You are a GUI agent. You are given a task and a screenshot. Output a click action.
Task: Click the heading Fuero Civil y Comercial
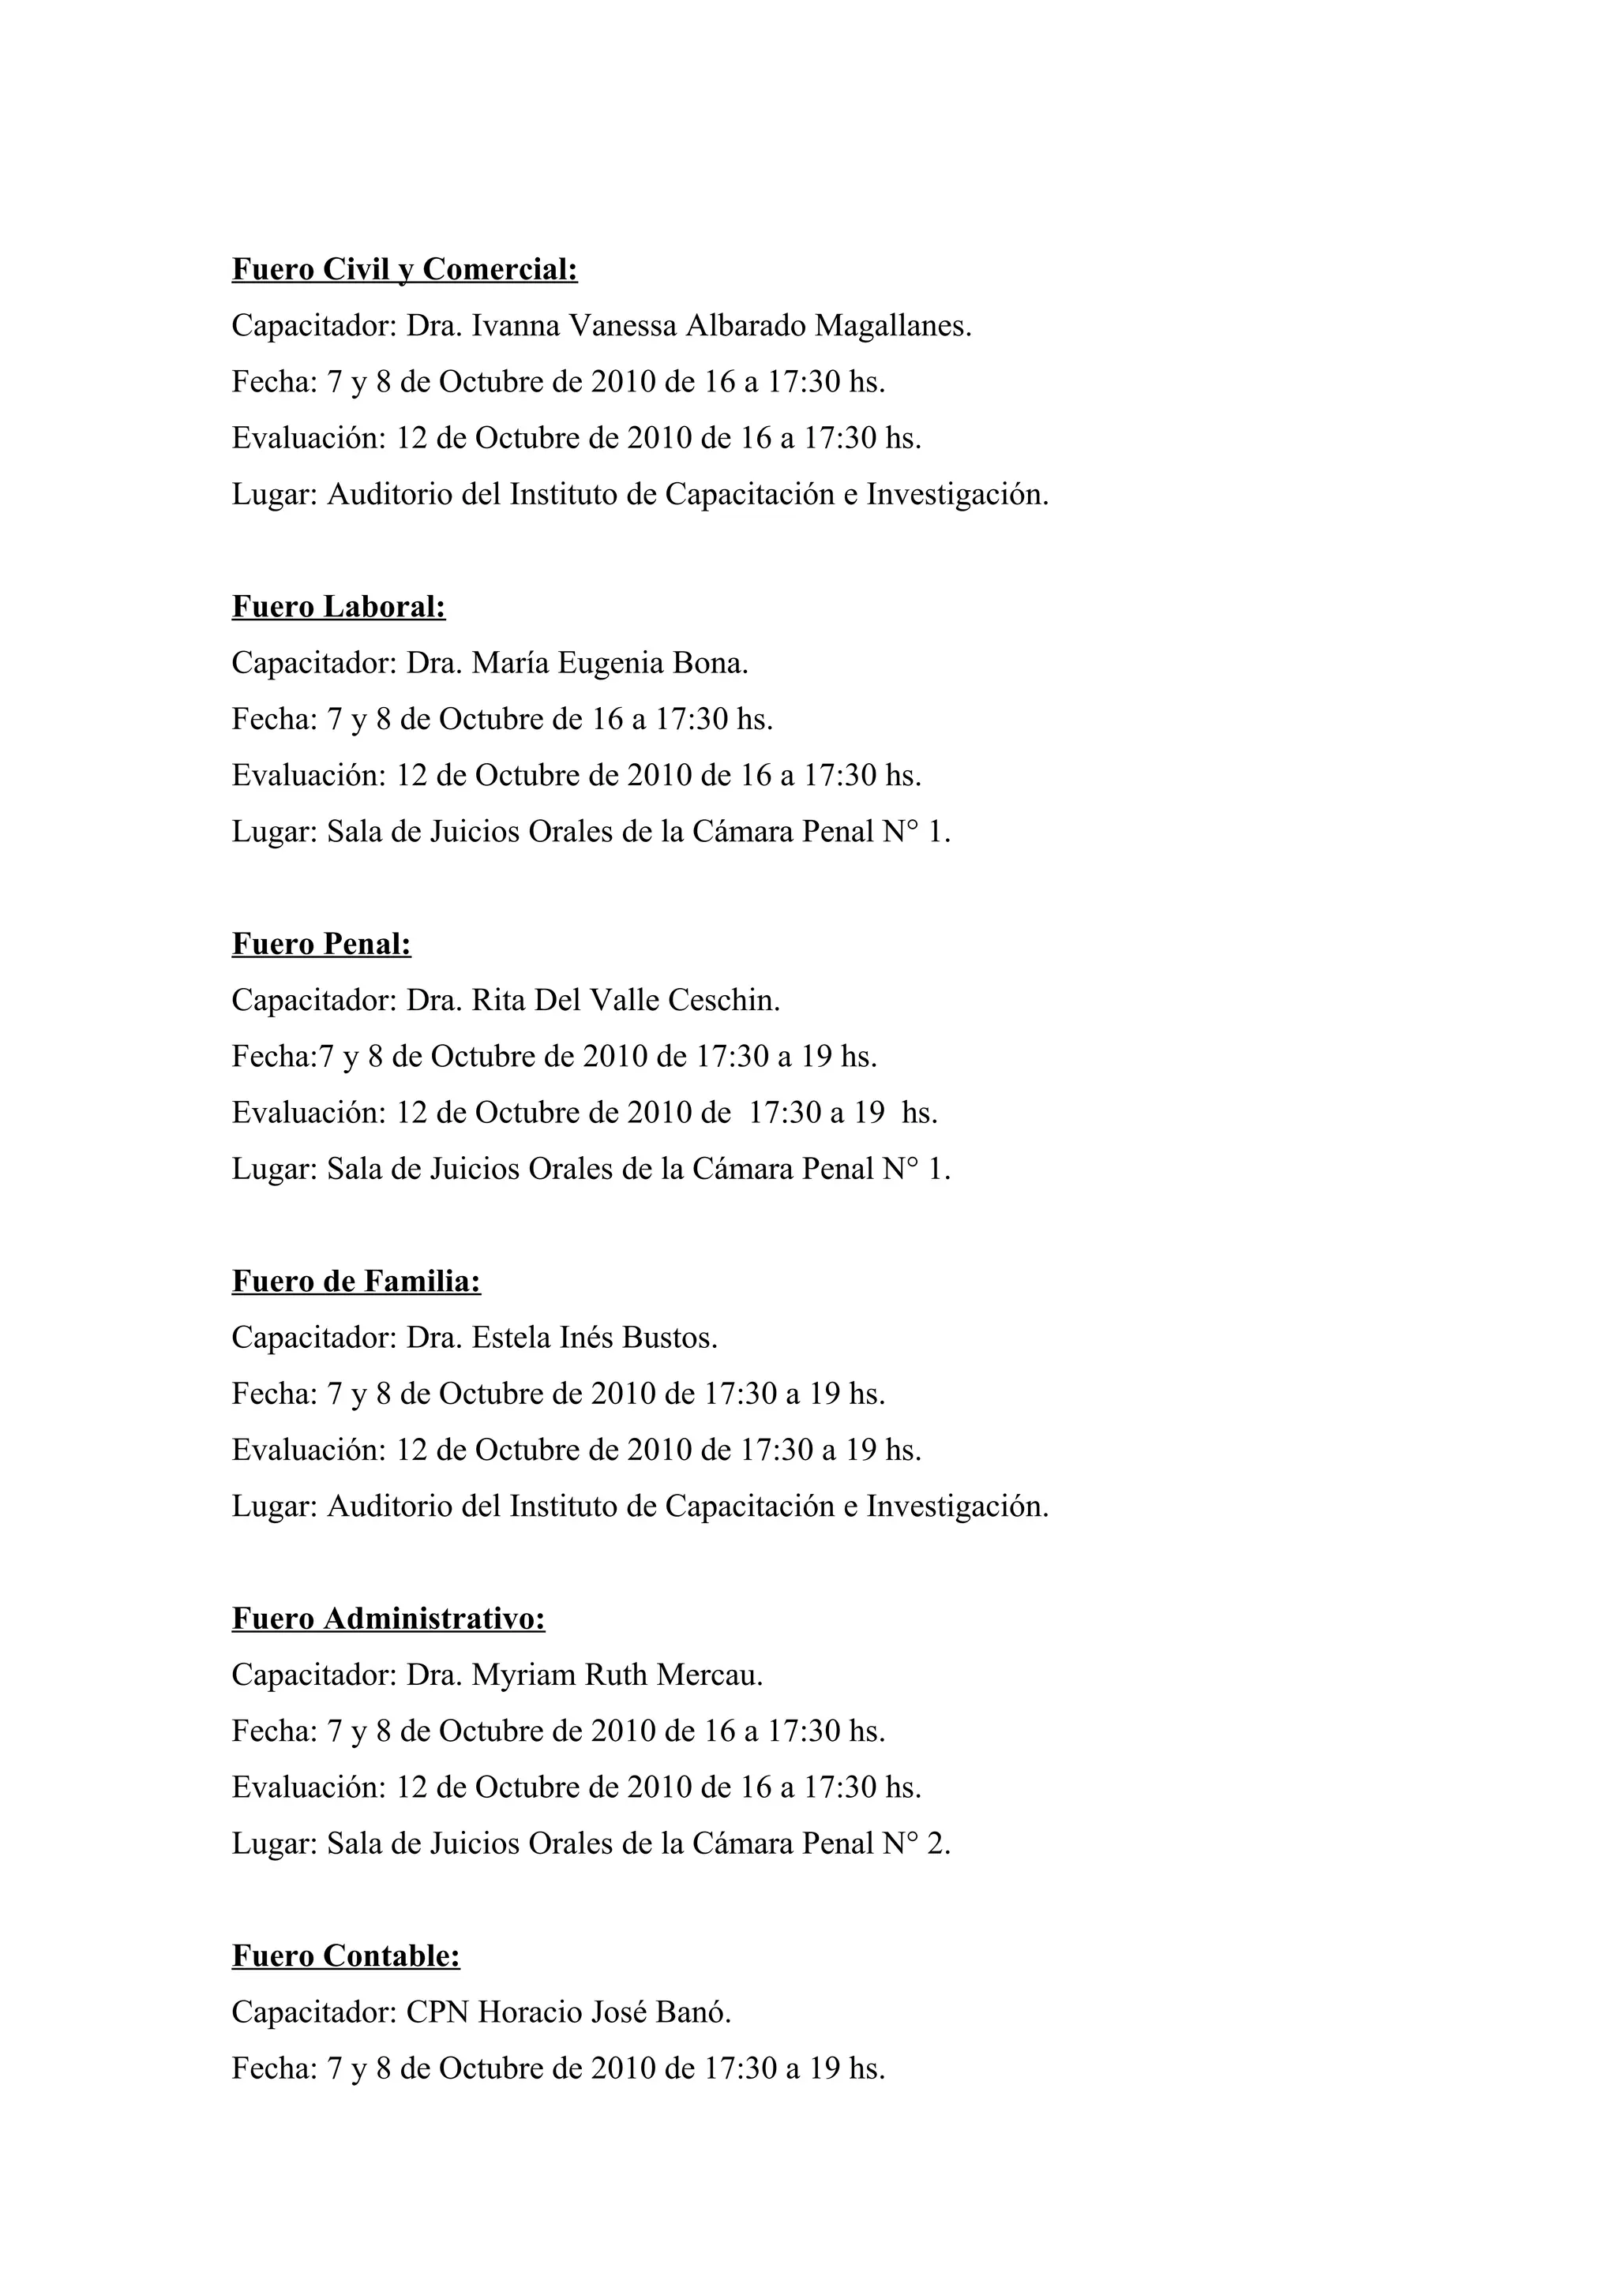coord(404,270)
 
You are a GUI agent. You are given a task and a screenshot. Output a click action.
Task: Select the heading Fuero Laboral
coord(339,607)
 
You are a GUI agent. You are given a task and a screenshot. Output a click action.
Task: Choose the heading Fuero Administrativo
coord(388,1619)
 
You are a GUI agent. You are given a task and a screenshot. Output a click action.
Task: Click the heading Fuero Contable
coord(346,1956)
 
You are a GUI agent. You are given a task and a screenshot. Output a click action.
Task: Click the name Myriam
coord(523,1675)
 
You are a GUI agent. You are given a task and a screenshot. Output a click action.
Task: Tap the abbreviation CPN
coord(437,2012)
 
